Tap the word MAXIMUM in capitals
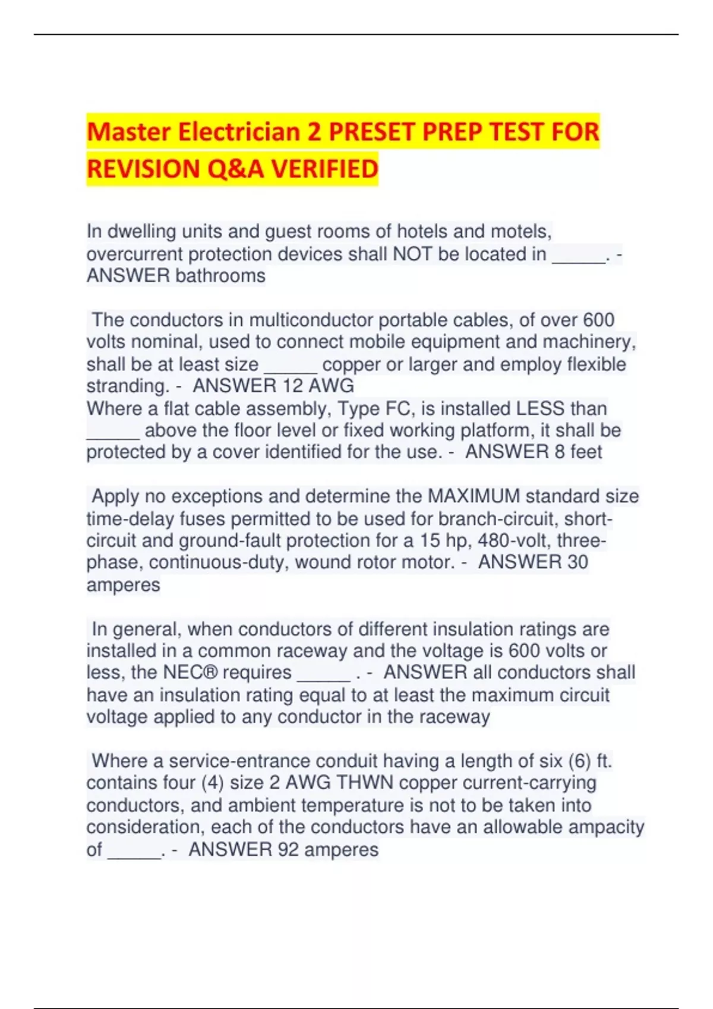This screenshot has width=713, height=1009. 474,496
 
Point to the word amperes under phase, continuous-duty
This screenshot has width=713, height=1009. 123,585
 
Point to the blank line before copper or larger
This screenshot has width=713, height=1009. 290,364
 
